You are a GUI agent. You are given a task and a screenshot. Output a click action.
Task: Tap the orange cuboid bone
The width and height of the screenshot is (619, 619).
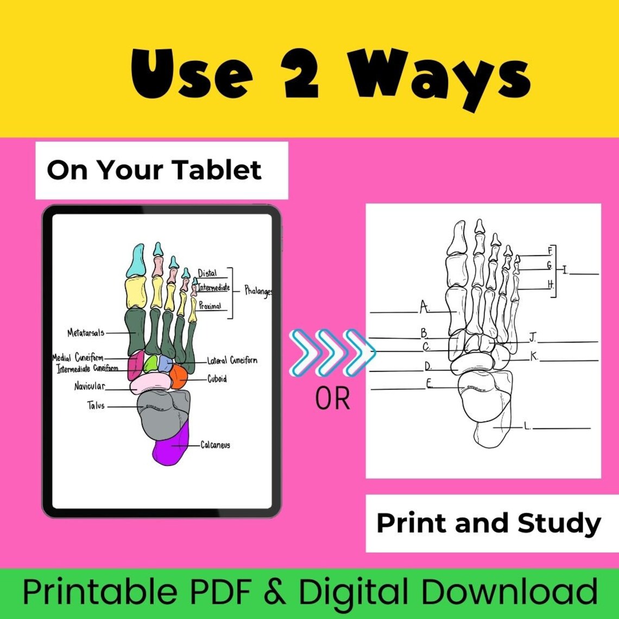179,376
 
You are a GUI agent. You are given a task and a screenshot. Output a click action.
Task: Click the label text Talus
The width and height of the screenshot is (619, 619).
96,406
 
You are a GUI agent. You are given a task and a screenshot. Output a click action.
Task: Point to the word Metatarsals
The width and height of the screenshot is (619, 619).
86,332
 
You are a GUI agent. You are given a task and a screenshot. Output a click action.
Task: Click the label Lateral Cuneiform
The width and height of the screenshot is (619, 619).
232,361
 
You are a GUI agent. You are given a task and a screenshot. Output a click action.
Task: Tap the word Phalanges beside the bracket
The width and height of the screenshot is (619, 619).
258,291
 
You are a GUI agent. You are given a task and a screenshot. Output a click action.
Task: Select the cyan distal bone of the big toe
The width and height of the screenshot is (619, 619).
136,261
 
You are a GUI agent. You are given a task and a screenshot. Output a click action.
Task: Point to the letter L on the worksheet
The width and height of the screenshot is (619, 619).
526,426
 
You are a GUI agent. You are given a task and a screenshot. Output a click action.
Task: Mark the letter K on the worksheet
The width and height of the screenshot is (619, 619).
534,356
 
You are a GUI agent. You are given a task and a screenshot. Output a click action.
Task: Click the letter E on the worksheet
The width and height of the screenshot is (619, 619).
429,384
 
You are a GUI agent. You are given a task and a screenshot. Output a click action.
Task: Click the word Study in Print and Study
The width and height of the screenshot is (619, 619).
559,523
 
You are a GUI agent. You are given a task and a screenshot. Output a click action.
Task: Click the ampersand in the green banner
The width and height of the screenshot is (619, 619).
279,593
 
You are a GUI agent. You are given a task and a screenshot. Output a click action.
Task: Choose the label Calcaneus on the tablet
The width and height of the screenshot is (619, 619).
216,445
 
